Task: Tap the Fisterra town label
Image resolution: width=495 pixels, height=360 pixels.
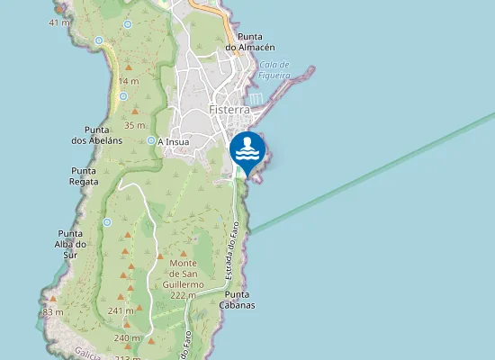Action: (x=229, y=110)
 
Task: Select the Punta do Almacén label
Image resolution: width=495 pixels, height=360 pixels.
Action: (x=249, y=40)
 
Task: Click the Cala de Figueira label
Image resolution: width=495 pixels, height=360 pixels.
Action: (x=274, y=69)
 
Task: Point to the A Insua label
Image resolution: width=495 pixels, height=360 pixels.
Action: (x=173, y=141)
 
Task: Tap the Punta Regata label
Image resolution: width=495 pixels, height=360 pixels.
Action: (x=84, y=175)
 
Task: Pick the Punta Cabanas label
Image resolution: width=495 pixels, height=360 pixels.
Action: (x=239, y=300)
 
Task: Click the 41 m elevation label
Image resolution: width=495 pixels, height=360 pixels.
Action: (x=59, y=22)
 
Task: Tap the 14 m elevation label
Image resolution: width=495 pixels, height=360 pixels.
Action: (x=128, y=81)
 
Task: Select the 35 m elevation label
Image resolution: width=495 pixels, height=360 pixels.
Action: (x=135, y=125)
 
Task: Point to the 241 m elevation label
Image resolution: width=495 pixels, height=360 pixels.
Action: (x=120, y=310)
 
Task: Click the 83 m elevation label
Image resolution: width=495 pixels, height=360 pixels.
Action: (x=53, y=312)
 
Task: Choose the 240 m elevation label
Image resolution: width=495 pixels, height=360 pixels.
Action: (x=127, y=337)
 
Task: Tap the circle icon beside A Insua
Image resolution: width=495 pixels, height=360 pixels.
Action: (x=151, y=140)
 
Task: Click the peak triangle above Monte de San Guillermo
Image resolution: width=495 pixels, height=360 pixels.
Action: (x=183, y=255)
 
